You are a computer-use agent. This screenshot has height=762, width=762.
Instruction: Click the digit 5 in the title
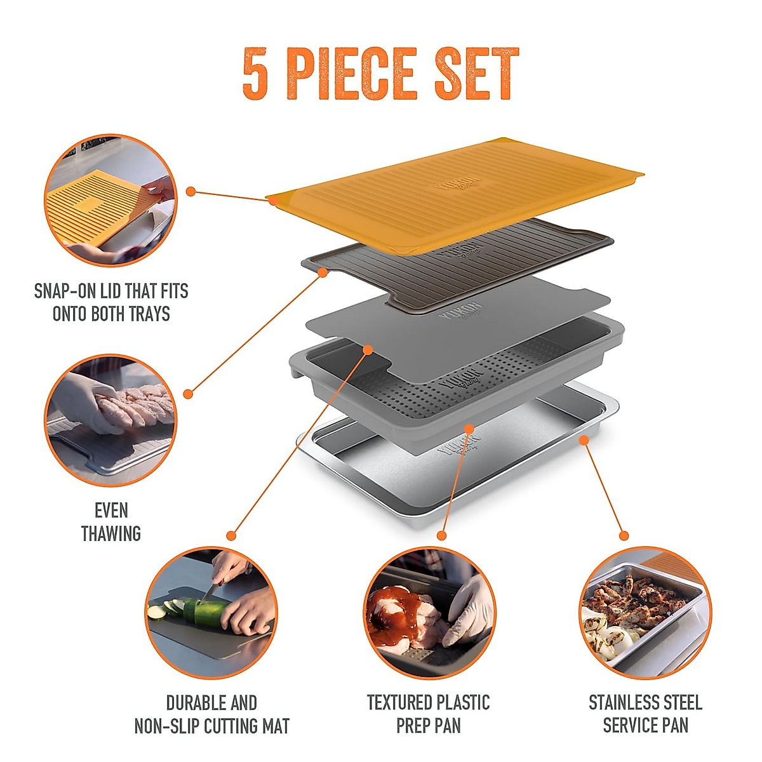coord(255,74)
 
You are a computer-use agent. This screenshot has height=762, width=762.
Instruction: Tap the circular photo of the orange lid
coord(110,200)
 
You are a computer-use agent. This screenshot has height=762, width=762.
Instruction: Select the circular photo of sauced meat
coord(429,613)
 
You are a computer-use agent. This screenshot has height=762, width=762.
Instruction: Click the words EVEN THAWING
coord(110,522)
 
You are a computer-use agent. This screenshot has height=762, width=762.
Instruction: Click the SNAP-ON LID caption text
coord(111,302)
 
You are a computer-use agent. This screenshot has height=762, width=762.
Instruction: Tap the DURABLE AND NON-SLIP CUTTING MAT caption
coord(211,714)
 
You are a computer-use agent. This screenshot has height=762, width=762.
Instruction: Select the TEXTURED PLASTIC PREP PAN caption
coord(429,714)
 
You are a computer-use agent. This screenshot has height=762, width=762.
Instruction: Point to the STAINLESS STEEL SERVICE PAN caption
coord(645,714)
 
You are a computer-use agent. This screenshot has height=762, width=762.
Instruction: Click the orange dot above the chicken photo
coord(624,536)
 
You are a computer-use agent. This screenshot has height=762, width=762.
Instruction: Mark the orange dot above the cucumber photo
coord(231,536)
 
